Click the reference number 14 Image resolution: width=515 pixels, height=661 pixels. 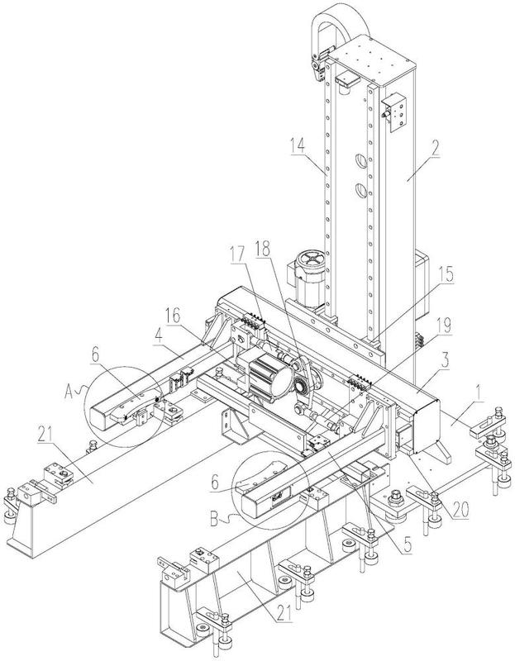[x=297, y=145]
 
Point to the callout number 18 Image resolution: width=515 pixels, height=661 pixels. [x=262, y=249]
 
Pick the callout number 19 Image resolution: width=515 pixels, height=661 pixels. [x=444, y=326]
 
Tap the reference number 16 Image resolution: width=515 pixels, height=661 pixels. [x=172, y=316]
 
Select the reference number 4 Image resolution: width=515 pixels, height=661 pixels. [x=158, y=337]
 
